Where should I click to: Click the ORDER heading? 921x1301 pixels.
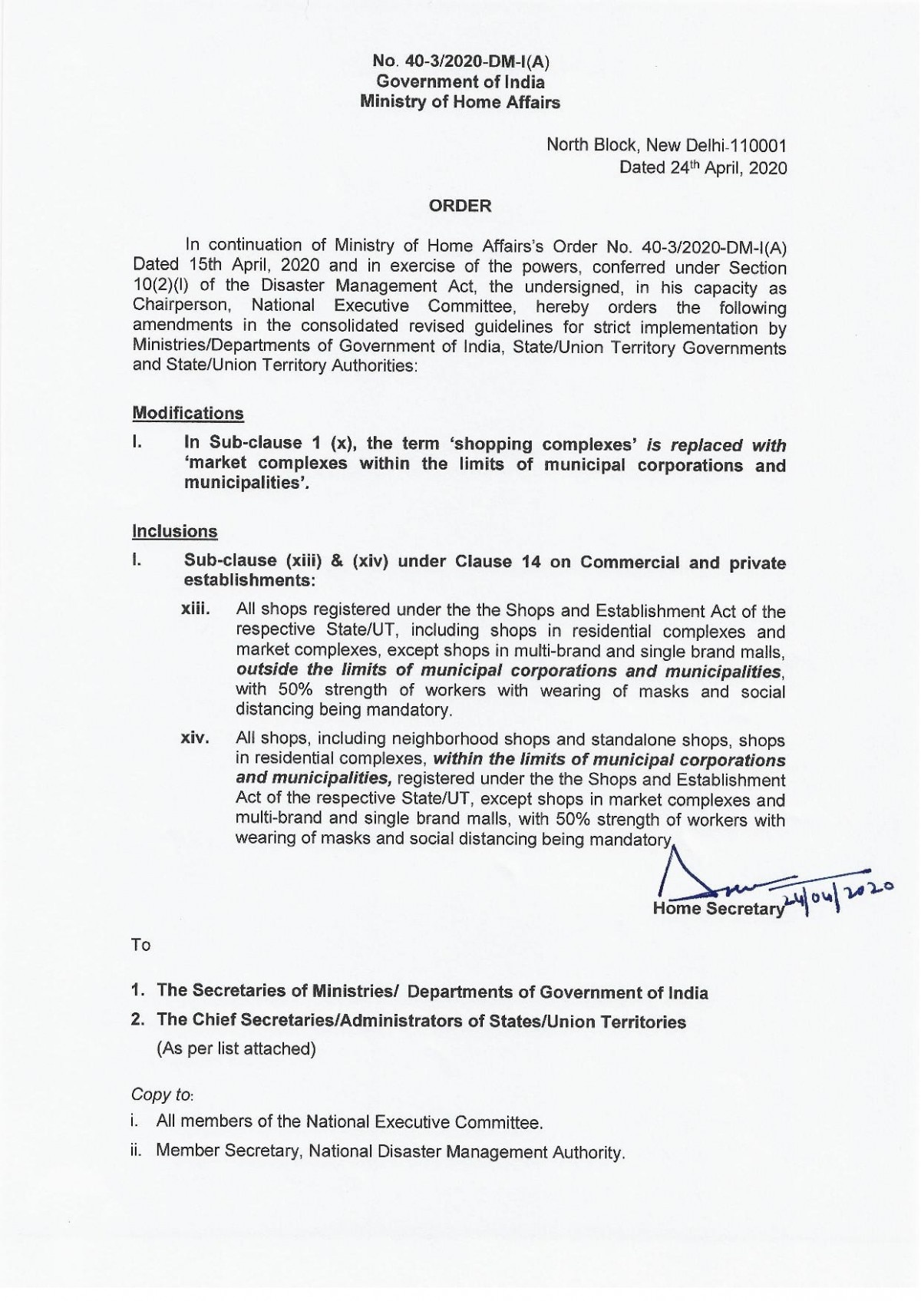(460, 206)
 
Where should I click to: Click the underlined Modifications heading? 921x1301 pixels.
(188, 413)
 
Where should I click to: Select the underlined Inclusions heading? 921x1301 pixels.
(175, 531)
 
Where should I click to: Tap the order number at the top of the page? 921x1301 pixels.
(460, 61)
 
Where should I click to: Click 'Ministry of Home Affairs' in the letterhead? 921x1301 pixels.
(460, 102)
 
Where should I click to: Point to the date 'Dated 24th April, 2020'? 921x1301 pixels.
(703, 168)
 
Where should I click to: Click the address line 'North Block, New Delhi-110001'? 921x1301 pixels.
(666, 145)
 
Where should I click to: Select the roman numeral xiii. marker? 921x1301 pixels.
(195, 609)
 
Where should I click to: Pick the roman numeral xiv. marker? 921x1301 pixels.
(195, 738)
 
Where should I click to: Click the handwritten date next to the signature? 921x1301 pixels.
(837, 893)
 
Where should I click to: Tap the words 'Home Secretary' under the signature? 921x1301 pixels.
(718, 909)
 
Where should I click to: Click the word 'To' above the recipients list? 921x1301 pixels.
(141, 945)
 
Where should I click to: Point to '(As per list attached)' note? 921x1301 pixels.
(236, 1048)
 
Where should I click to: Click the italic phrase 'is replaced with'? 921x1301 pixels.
(716, 445)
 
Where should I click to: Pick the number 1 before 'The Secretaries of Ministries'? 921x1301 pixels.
(137, 990)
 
